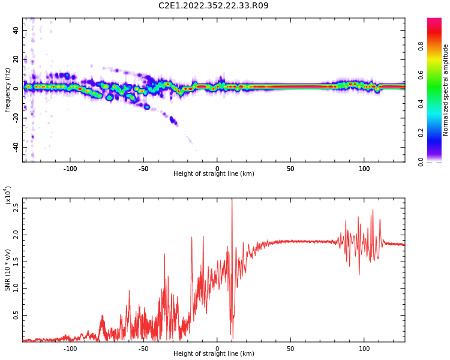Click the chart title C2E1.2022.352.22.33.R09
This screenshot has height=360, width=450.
coord(214,5)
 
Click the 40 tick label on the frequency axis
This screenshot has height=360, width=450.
coord(16,30)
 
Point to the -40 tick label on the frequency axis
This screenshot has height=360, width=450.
coord(15,147)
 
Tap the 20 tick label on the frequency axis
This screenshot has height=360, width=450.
coord(16,59)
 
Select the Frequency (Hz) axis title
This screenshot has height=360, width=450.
coord(8,90)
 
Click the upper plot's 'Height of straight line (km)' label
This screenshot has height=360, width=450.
coord(214,174)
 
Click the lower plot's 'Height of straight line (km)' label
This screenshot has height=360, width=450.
coord(214,354)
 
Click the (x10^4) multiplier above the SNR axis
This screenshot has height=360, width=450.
coord(8,195)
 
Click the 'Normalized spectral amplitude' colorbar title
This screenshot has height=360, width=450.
coord(446,90)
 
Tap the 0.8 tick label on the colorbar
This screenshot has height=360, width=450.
coord(421,46)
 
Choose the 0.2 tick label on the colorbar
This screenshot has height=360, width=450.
coord(421,133)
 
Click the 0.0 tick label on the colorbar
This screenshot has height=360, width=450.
coord(421,161)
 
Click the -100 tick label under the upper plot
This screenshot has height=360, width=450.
coord(70,169)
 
